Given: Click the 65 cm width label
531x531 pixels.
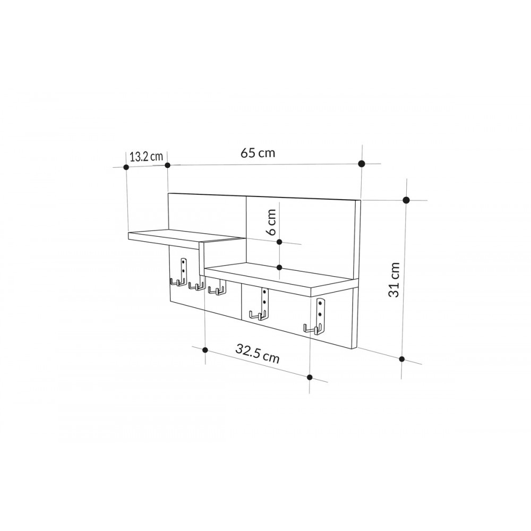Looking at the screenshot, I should (x=258, y=153).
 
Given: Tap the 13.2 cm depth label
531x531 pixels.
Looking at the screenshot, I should (x=146, y=156).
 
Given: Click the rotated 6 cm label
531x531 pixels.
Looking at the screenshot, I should (x=271, y=222).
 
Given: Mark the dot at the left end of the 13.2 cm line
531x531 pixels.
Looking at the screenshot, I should (x=126, y=167).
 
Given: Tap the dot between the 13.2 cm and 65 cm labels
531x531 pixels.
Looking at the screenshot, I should (x=167, y=166).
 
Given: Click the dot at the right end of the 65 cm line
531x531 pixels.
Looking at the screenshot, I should (x=362, y=164).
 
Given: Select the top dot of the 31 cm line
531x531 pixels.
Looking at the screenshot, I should (x=406, y=200).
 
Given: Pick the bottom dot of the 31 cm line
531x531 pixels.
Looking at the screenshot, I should (x=402, y=359).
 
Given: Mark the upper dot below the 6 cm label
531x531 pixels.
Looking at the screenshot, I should (x=280, y=242).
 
